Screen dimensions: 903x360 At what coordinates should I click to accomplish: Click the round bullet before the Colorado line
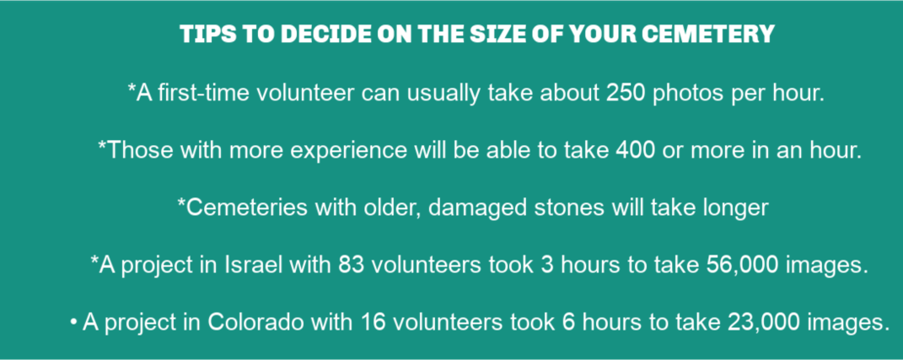click(x=73, y=323)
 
